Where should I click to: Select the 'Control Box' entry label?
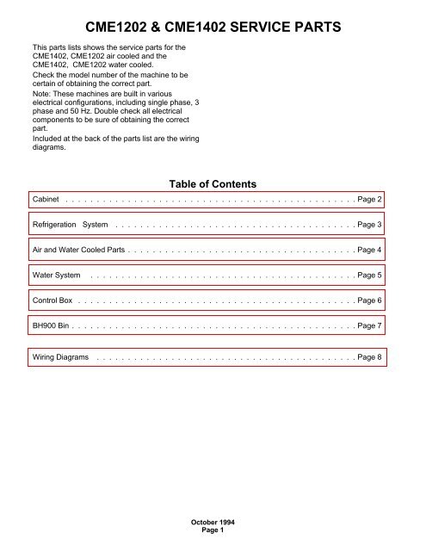52,300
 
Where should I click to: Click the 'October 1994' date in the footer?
213,523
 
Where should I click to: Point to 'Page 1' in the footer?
213,531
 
